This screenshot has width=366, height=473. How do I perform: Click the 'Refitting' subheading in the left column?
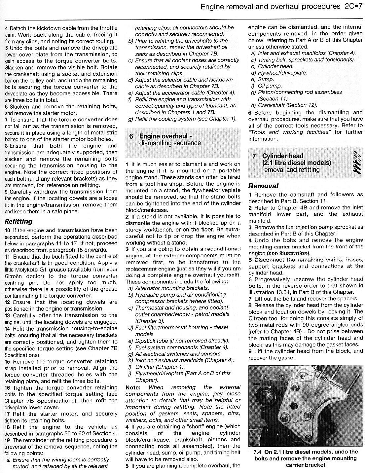coord(19,221)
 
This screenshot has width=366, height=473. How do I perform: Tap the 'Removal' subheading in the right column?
coord(263,186)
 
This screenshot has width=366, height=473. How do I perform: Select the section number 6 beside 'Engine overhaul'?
coord(131,136)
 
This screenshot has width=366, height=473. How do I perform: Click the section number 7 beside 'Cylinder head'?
coord(254,156)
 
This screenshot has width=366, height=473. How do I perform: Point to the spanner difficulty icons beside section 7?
coord(356,163)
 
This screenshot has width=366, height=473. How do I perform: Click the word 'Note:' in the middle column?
coord(133,387)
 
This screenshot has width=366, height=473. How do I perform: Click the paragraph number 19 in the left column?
coord(8,440)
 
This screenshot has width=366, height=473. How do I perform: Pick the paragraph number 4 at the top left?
coord(7,28)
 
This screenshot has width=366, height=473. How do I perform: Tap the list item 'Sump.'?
coord(266,79)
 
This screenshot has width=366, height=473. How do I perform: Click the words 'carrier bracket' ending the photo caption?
coord(306,465)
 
